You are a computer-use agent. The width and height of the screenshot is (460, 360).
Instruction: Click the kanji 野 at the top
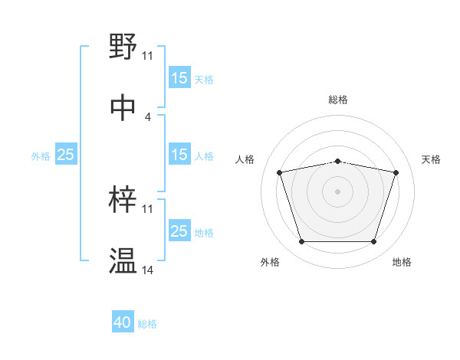123,47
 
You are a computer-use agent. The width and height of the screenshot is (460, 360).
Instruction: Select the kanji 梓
123,200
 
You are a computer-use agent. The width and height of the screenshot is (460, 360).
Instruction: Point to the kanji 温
123,260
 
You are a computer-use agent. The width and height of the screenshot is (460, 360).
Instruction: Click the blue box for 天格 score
179,78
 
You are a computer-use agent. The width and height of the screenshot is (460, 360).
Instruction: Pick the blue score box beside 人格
179,155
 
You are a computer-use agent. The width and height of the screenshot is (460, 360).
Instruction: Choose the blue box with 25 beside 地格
179,231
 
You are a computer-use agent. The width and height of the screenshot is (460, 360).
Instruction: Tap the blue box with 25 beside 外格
66,155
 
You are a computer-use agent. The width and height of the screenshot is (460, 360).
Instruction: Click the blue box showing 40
123,323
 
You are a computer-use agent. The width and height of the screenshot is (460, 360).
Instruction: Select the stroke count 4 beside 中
148,116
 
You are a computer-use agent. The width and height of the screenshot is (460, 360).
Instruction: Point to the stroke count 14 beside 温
148,270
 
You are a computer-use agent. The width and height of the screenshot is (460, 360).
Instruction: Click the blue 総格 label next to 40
147,324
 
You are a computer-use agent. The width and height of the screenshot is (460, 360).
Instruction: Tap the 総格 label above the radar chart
338,100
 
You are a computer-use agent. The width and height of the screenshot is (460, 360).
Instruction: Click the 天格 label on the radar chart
431,159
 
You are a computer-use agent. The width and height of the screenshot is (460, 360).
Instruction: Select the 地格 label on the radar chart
402,262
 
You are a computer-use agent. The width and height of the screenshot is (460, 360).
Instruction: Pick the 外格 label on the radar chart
270,262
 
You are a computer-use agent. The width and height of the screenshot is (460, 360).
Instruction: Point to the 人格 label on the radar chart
245,159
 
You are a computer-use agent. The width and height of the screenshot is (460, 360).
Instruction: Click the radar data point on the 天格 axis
396,172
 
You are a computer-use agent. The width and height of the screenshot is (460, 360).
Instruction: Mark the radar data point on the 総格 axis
338,161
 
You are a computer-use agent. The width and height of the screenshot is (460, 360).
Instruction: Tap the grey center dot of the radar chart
338,191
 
